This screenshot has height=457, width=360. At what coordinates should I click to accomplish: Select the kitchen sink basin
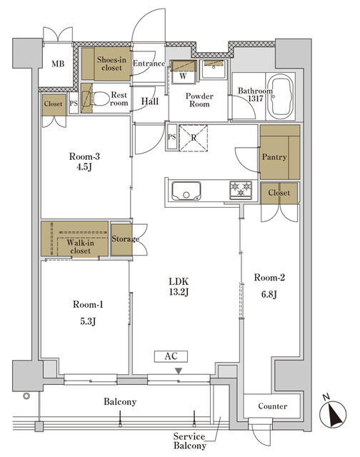pyautogui.click(x=186, y=191)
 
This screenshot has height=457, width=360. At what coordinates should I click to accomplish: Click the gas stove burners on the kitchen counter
pyautogui.click(x=241, y=190)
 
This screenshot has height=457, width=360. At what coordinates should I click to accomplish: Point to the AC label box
pyautogui.click(x=171, y=356)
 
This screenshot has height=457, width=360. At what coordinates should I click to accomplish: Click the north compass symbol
pyautogui.click(x=333, y=412)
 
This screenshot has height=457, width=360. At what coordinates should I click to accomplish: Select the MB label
pyautogui.click(x=58, y=64)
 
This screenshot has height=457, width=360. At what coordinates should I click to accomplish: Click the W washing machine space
pyautogui.click(x=183, y=71)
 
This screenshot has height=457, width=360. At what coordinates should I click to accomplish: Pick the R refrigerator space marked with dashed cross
pyautogui.click(x=194, y=138)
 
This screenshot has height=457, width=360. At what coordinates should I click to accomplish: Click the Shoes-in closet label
pyautogui.click(x=111, y=64)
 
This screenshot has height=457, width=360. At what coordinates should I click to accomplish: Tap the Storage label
pyautogui.click(x=125, y=239)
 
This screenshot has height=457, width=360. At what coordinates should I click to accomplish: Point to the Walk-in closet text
pyautogui.click(x=80, y=246)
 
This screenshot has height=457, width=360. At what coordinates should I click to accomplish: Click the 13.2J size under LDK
pyautogui.click(x=179, y=292)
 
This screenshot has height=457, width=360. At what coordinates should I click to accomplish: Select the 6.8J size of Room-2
pyautogui.click(x=269, y=294)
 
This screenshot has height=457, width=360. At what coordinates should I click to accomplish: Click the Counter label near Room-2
pyautogui.click(x=273, y=406)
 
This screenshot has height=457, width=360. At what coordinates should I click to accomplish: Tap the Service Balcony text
pyautogui.click(x=189, y=441)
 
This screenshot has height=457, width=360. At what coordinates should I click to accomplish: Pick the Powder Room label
pyautogui.click(x=199, y=100)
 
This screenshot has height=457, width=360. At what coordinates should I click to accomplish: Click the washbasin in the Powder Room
pyautogui.click(x=214, y=69)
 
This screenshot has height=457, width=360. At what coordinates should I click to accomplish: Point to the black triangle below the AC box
pyautogui.click(x=179, y=371)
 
